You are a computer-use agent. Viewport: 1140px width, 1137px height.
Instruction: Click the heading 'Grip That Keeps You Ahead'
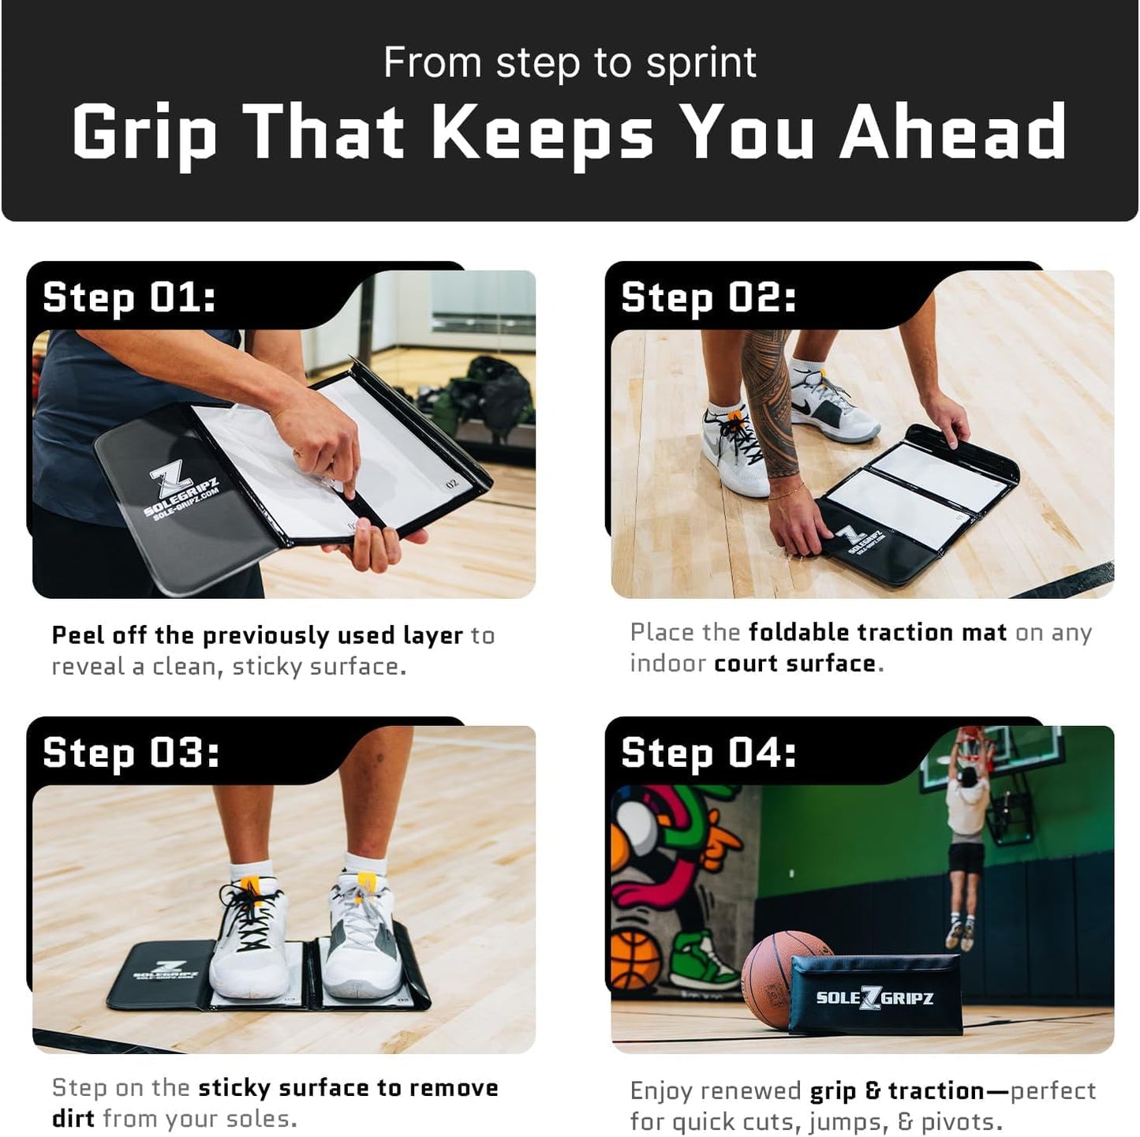coord(569,132)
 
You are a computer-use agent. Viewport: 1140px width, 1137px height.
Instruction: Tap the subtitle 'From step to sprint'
coord(569,63)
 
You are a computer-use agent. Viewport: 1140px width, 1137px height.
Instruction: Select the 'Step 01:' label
coord(129,298)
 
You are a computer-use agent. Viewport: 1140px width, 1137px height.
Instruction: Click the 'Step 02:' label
coord(708,298)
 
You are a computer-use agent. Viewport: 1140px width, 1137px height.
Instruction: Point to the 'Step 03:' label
coord(130,753)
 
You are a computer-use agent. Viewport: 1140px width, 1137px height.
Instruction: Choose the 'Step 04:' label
coord(708,753)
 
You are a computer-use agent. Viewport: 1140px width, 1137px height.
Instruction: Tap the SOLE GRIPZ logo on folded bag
coord(874,997)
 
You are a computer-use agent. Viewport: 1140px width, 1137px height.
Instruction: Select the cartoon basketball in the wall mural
coord(635,959)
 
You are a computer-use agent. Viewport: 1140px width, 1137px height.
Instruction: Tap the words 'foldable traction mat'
coord(876,632)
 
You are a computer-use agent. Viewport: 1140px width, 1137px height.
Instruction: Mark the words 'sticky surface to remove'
coord(347,1088)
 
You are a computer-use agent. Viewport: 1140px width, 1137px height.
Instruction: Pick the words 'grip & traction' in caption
coord(896,1090)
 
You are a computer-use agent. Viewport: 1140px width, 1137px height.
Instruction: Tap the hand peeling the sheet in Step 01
coord(320,442)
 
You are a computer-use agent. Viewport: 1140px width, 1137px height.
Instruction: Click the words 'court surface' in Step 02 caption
coord(794,664)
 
